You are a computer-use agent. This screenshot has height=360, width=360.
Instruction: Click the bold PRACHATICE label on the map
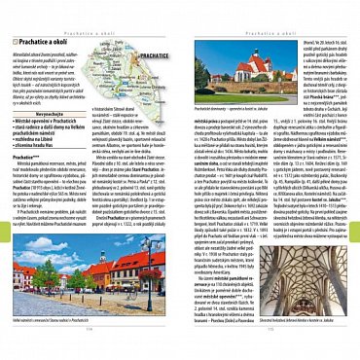[155, 85]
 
